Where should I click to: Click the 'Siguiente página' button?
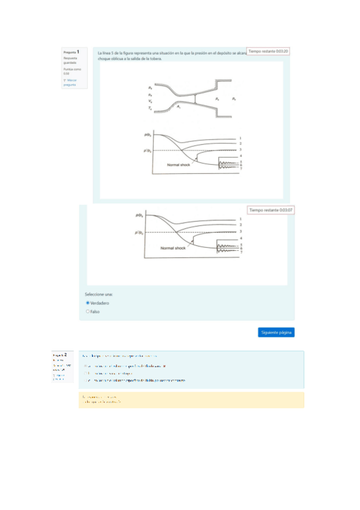click(x=276, y=332)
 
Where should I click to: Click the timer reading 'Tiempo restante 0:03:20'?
click(x=269, y=52)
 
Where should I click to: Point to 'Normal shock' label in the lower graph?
click(x=172, y=248)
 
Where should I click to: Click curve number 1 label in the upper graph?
click(x=240, y=138)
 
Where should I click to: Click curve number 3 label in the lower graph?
click(x=240, y=231)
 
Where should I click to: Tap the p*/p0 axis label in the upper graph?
click(x=147, y=150)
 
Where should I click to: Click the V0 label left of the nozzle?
click(x=150, y=101)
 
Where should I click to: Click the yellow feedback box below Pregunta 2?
click(x=191, y=400)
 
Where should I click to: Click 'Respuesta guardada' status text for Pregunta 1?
click(x=70, y=60)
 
